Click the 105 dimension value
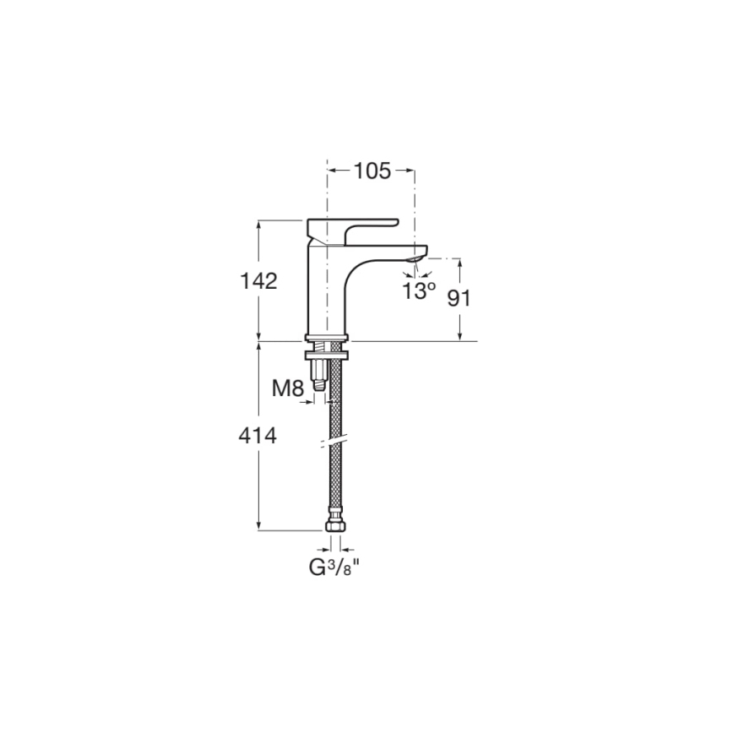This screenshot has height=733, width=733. [372, 171]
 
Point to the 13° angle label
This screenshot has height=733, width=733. [419, 291]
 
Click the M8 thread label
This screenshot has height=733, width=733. [287, 389]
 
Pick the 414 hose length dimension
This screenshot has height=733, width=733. [258, 436]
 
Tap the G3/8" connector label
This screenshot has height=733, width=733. [334, 568]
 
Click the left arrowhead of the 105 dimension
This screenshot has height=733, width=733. [331, 171]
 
